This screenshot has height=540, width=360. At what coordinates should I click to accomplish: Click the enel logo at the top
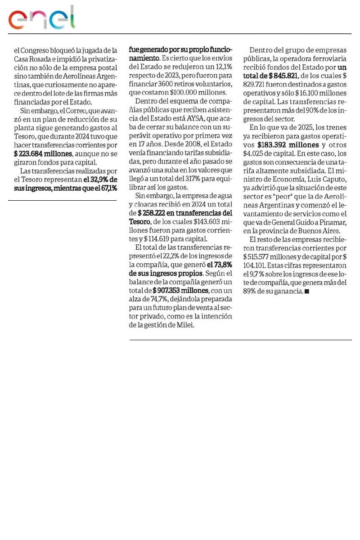pyautogui.click(x=42, y=18)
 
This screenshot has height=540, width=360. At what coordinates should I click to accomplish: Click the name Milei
pyautogui.click(x=184, y=324)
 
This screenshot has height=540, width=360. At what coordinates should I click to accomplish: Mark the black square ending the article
pyautogui.click(x=306, y=292)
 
